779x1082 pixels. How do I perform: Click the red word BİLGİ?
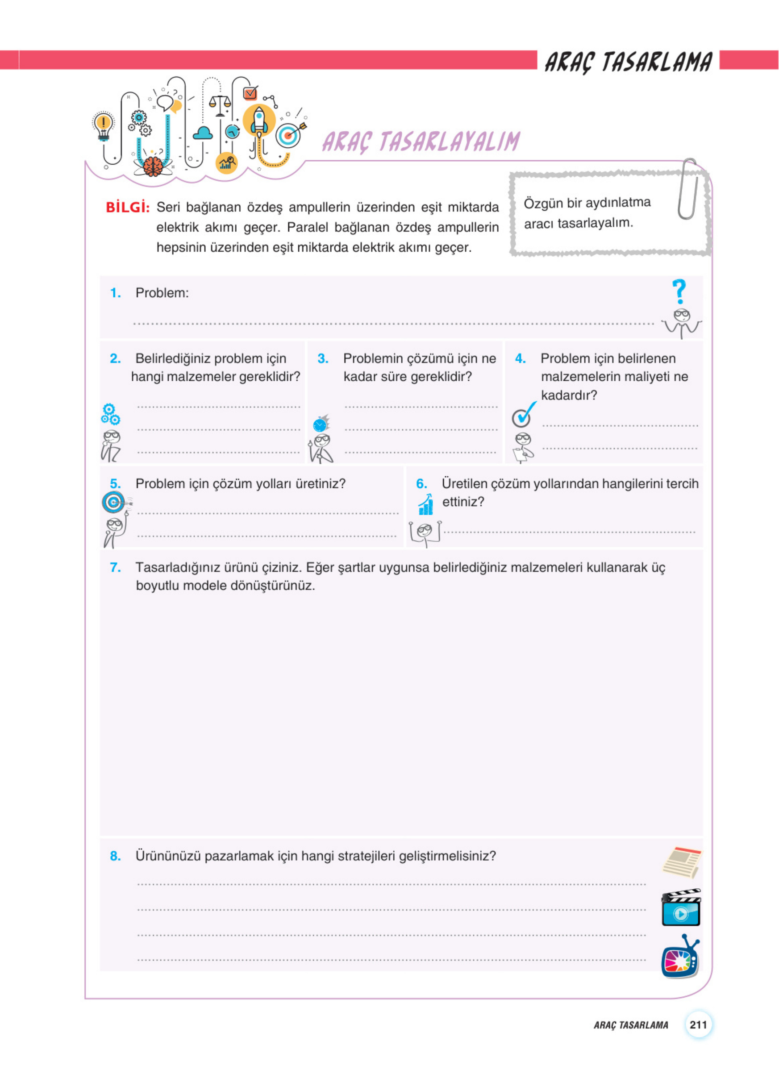(x=127, y=208)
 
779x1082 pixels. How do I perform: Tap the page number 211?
(x=698, y=1025)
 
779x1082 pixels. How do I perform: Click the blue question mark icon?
(x=679, y=291)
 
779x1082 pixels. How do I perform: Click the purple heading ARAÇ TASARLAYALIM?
(x=421, y=141)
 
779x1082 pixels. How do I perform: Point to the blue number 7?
(x=115, y=567)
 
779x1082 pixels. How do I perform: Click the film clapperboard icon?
(x=681, y=907)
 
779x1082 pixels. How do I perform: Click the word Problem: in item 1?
(x=162, y=293)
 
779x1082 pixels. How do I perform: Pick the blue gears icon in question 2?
(x=110, y=414)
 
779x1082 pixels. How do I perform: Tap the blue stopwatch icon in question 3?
(x=321, y=423)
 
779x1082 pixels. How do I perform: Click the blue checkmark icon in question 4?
(x=523, y=415)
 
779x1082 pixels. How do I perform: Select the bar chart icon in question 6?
(x=425, y=505)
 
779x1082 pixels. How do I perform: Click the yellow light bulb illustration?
(x=103, y=125)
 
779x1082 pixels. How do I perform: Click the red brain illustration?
(x=153, y=166)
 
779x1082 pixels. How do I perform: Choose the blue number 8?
(x=115, y=856)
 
